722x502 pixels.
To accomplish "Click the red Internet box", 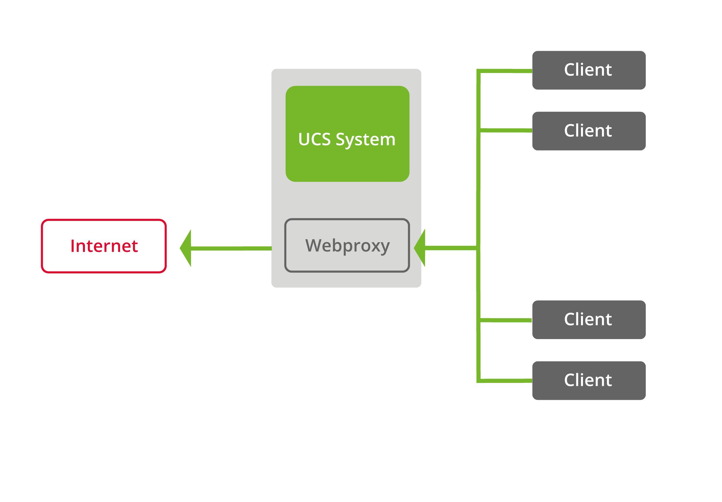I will pos(104,246).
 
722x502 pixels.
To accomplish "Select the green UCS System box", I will pos(347,134).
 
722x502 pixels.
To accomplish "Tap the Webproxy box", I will pos(347,246).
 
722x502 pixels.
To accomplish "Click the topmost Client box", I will pos(589,70).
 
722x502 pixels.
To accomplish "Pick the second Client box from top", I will pos(589,131).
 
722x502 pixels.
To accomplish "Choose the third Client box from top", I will pos(589,320).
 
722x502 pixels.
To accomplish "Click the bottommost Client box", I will pos(589,380).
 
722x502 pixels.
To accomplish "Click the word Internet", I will pos(104,246).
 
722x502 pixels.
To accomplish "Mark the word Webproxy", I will pos(347,246).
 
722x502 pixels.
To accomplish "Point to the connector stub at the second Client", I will pos(506,130).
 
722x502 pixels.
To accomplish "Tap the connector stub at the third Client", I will pos(506,320).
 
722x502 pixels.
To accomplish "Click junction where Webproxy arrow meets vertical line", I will pos(478,248).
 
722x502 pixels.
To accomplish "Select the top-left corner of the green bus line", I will pos(478,71).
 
